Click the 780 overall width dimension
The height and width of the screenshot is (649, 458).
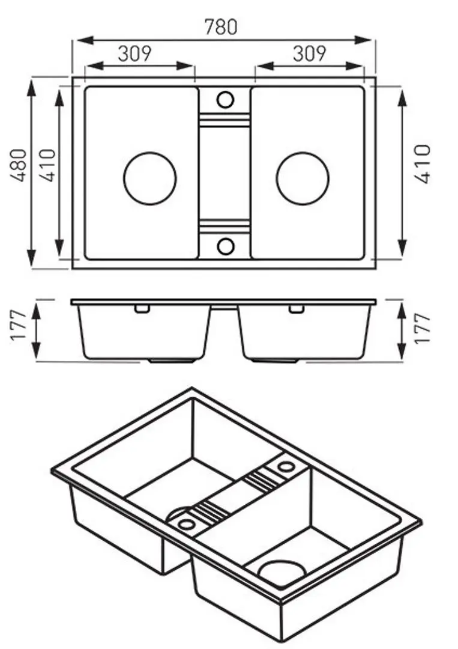pyautogui.click(x=221, y=27)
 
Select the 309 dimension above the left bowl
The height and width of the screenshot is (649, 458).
pyautogui.click(x=134, y=53)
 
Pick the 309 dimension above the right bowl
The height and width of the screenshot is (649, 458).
pyautogui.click(x=310, y=53)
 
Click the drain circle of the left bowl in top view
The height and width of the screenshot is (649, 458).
pyautogui.click(x=150, y=178)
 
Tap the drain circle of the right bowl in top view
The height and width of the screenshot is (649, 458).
pyautogui.click(x=303, y=178)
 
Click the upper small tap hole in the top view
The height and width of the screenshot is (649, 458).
pyautogui.click(x=225, y=99)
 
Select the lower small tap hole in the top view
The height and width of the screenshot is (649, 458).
pyautogui.click(x=225, y=246)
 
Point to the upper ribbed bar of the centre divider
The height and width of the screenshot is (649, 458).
pyautogui.click(x=224, y=121)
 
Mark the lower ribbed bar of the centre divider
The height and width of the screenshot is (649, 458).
pyautogui.click(x=224, y=225)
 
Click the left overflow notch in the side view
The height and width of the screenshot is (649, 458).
pyautogui.click(x=142, y=309)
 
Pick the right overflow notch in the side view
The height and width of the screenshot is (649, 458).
pyautogui.click(x=296, y=309)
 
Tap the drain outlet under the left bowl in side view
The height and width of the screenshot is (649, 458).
pyautogui.click(x=172, y=362)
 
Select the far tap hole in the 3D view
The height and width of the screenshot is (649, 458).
pyautogui.click(x=285, y=466)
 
